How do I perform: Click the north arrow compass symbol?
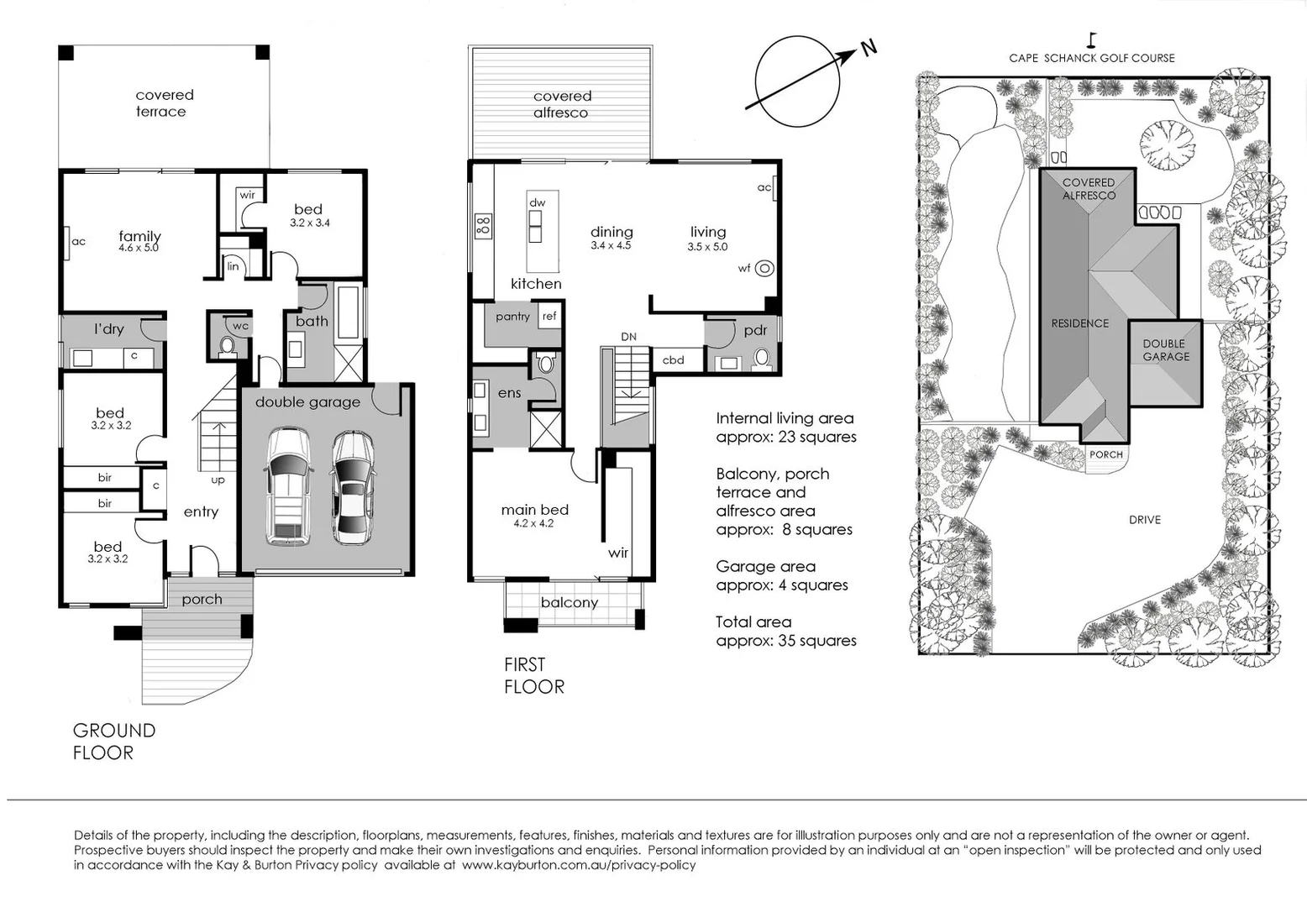click(x=798, y=81)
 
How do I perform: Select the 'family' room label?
click(x=139, y=236)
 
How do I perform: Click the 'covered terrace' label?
click(x=164, y=102)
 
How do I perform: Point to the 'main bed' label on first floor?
click(x=534, y=510)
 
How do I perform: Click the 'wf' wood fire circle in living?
click(x=764, y=269)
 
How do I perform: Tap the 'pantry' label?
click(x=512, y=317)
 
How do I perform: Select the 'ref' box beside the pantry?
click(x=549, y=317)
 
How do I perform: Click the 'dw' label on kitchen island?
click(x=537, y=203)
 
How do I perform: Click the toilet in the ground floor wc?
click(x=226, y=345)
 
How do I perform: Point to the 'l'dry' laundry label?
click(x=108, y=328)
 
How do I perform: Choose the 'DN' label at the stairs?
click(x=628, y=337)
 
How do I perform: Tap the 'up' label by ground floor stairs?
click(x=218, y=480)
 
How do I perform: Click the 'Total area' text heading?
click(x=753, y=621)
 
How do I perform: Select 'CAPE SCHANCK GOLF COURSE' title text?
click(x=1091, y=58)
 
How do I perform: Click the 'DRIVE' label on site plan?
click(x=1144, y=520)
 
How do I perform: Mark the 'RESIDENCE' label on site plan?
click(x=1079, y=323)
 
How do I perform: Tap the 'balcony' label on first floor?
click(x=569, y=602)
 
